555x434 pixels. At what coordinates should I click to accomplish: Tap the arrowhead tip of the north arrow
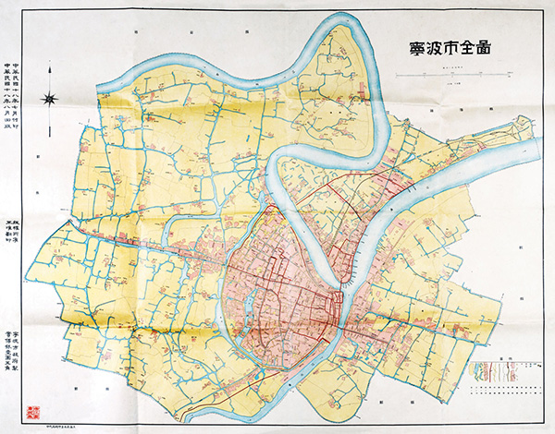[53, 84]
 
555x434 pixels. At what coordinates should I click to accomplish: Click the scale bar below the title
[475, 72]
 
